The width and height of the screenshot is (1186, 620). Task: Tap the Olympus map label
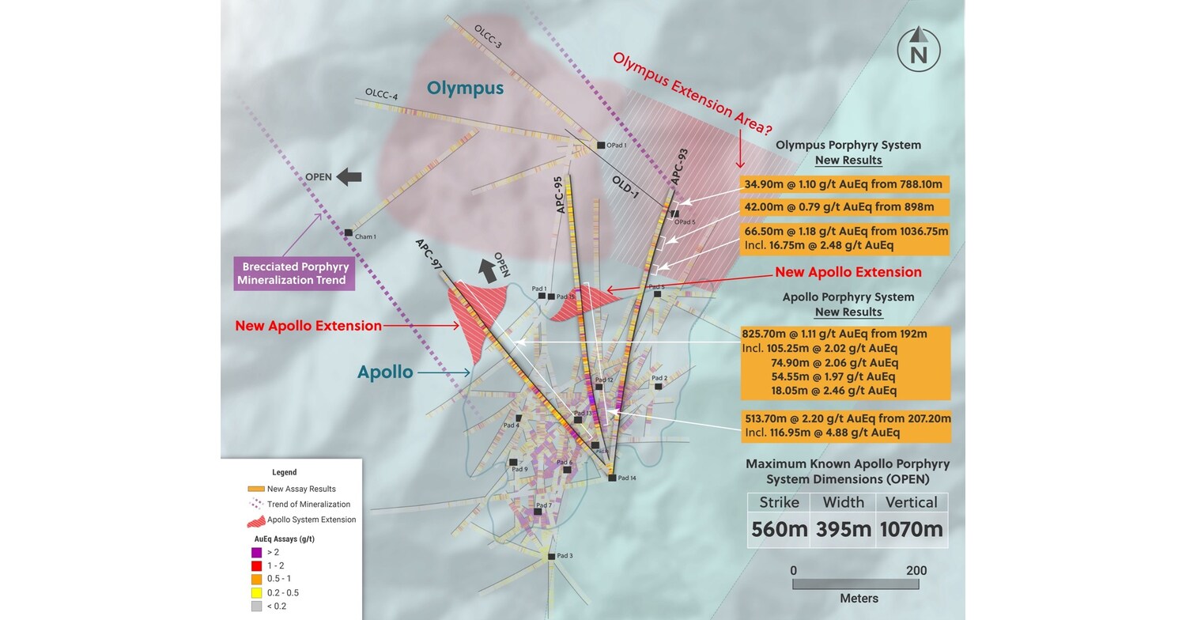click(465, 88)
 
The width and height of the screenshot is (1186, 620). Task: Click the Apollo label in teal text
click(385, 372)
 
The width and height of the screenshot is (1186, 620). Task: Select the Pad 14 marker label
click(627, 478)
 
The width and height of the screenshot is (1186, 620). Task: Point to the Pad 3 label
click(565, 555)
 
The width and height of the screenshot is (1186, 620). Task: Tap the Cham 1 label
click(365, 236)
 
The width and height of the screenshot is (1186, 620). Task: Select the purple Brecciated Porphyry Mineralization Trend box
click(295, 274)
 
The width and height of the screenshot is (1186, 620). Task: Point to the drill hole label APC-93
click(679, 167)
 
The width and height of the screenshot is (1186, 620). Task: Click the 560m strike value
click(780, 529)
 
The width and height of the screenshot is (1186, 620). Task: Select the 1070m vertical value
click(912, 529)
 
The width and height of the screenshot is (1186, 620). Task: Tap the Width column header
click(844, 502)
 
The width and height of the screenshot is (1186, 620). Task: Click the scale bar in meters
click(856, 584)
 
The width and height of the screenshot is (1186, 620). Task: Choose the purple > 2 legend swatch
click(256, 552)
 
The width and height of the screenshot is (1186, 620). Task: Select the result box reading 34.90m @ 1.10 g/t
click(844, 184)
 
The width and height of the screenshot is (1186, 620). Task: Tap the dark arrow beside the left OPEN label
click(349, 177)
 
